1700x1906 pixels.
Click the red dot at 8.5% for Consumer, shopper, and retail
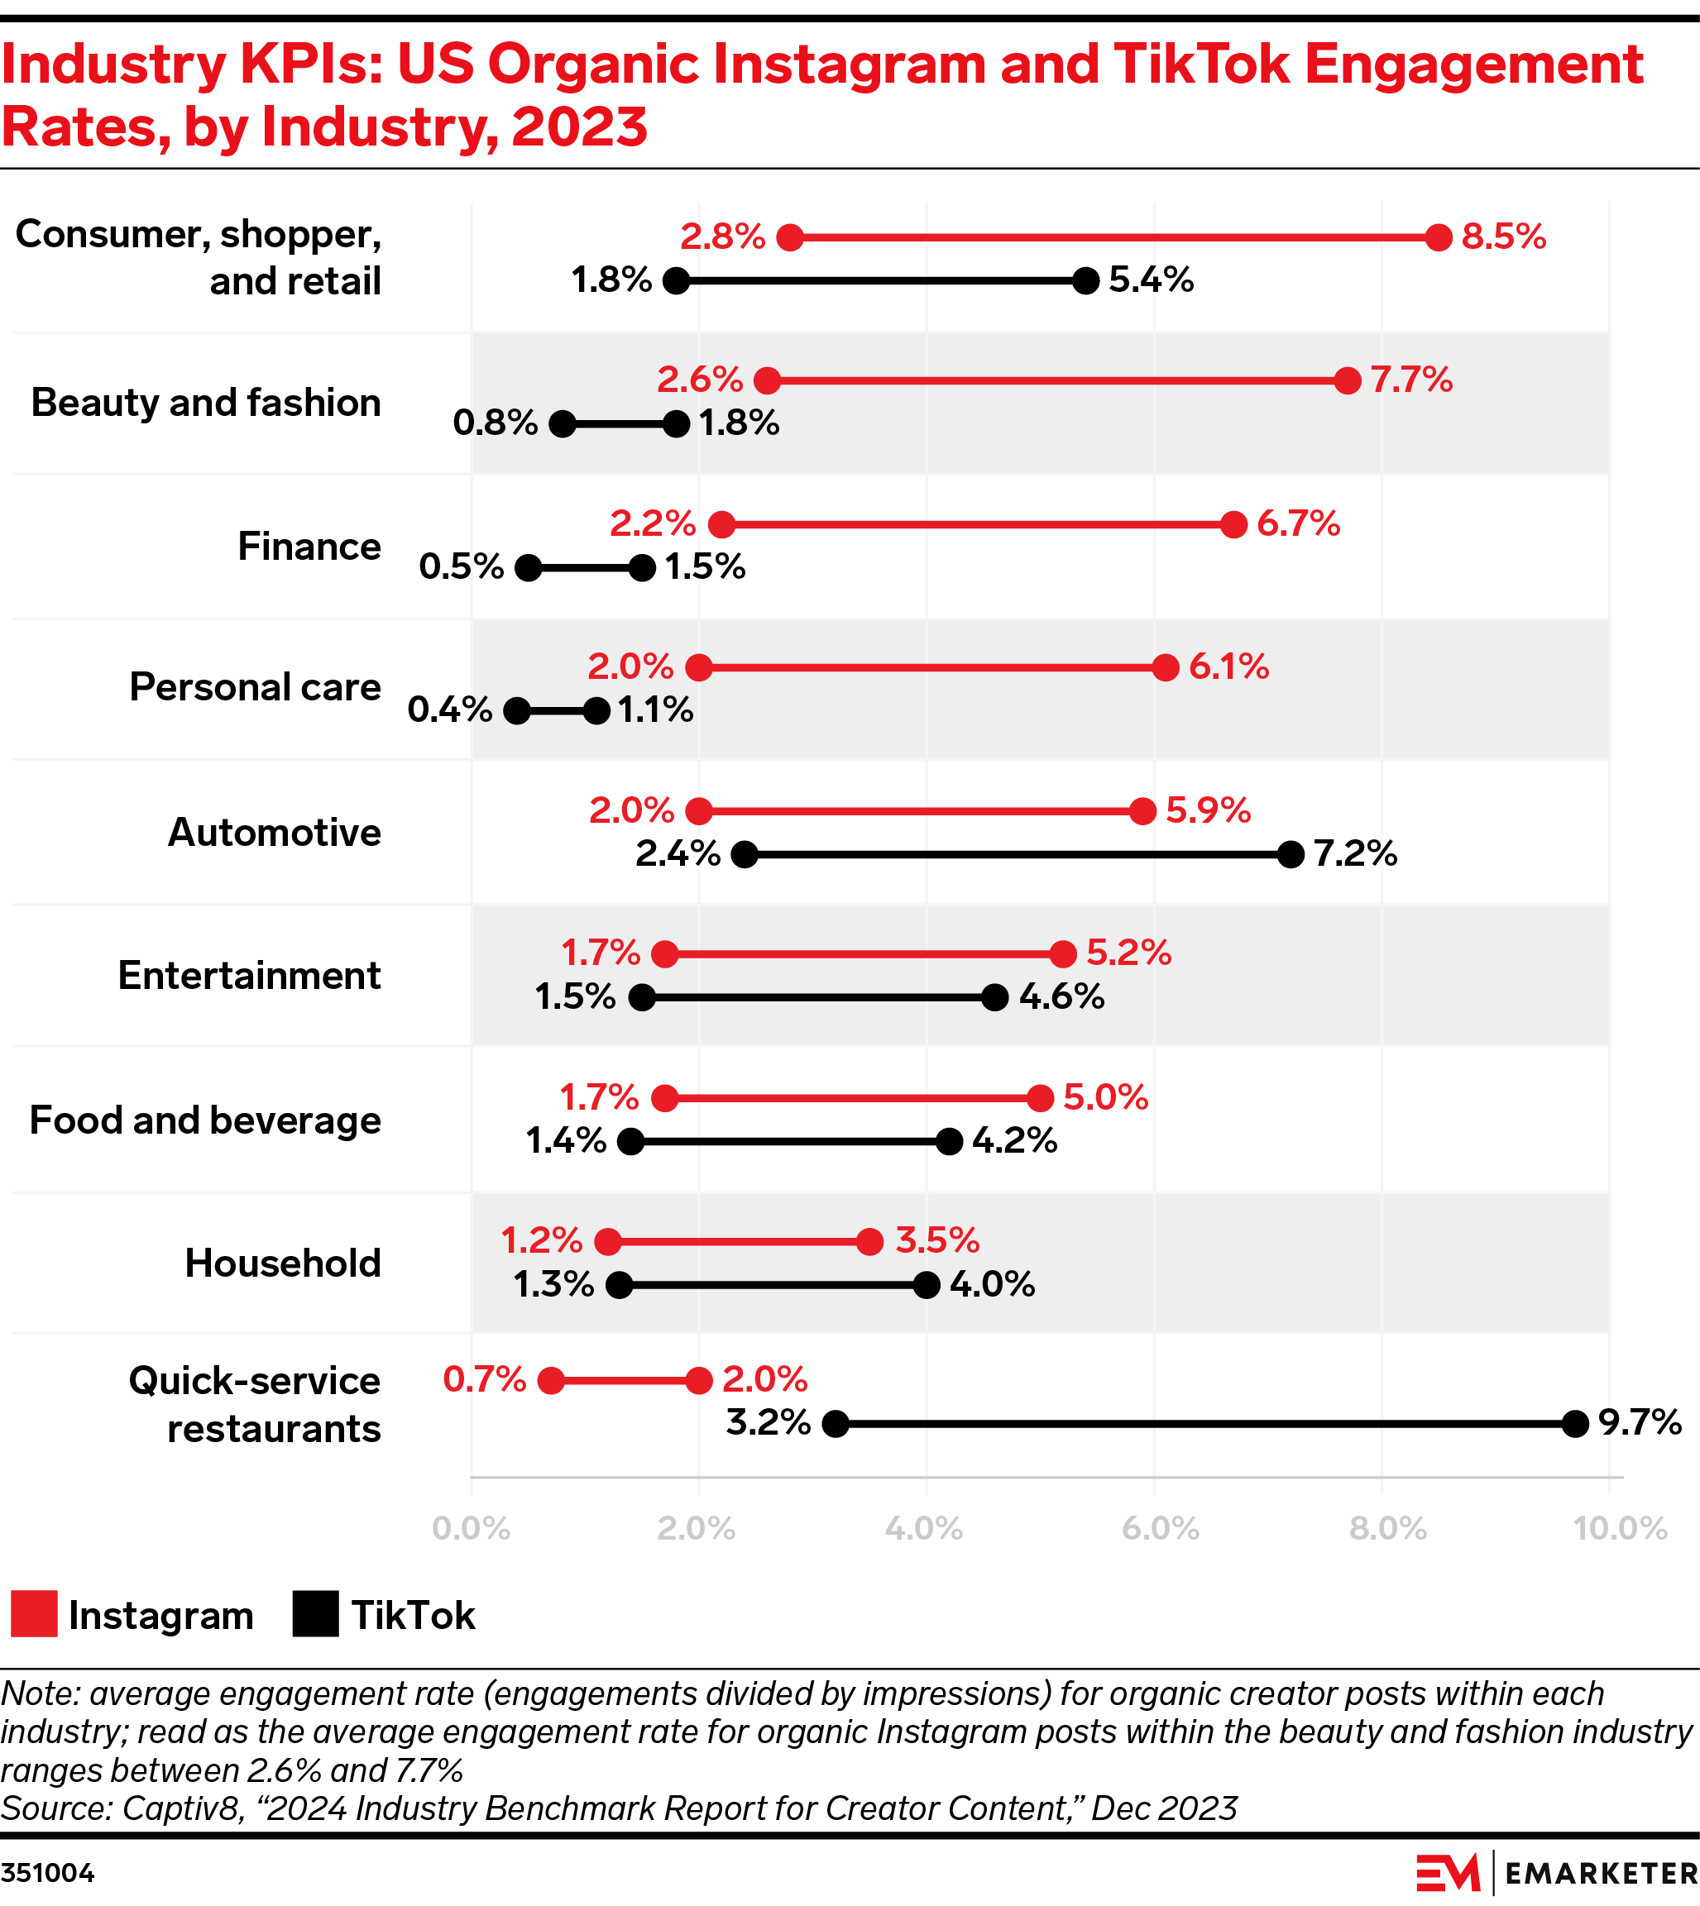click(x=1439, y=237)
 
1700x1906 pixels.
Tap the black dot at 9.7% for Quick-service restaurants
click(x=1575, y=1424)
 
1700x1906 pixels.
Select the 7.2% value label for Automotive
click(x=1355, y=853)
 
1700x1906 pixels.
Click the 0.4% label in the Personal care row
click(x=449, y=709)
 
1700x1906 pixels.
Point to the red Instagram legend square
click(x=35, y=1615)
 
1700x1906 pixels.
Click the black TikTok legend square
click(x=315, y=1615)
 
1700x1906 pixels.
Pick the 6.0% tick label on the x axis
click(x=1160, y=1529)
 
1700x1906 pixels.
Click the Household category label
click(x=283, y=1264)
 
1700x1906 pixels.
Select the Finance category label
click(x=309, y=547)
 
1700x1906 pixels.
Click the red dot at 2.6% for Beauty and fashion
click(x=767, y=380)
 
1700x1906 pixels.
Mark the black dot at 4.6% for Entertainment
click(x=995, y=997)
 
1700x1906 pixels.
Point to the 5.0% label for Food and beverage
click(x=1105, y=1096)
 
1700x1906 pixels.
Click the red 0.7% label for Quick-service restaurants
click(x=484, y=1379)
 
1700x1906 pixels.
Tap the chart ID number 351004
click(x=48, y=1873)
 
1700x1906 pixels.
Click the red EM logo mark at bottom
click(x=1447, y=1872)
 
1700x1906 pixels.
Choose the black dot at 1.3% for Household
click(x=620, y=1285)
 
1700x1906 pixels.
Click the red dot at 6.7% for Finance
click(x=1234, y=524)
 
